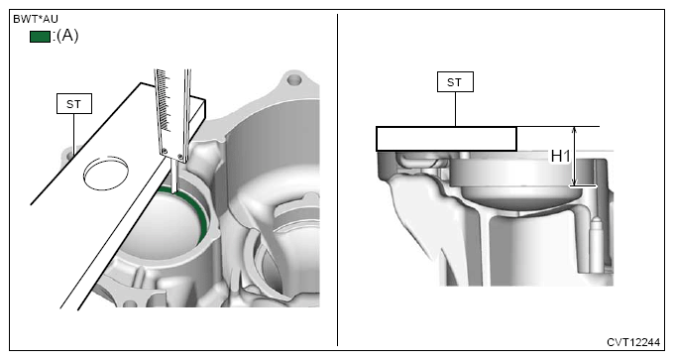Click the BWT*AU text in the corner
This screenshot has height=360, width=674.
pos(36,20)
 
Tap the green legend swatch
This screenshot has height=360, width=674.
pos(40,37)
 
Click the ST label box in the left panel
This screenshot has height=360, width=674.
pos(74,104)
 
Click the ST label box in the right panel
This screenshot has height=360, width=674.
pos(455,81)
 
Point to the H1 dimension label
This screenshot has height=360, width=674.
pos(561,157)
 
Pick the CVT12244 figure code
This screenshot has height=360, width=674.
pos(633,342)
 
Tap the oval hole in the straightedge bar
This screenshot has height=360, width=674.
pos(106,173)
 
